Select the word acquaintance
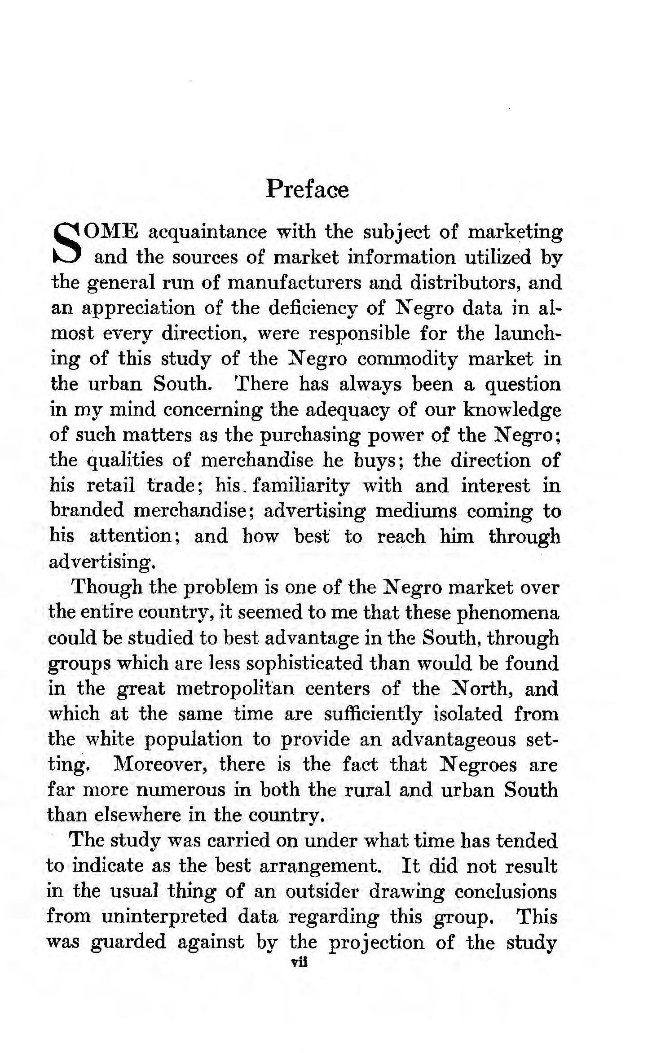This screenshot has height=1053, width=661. [207, 232]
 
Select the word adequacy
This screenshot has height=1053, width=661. [343, 410]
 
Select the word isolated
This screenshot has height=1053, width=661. [467, 714]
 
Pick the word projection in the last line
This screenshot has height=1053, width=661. [376, 941]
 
